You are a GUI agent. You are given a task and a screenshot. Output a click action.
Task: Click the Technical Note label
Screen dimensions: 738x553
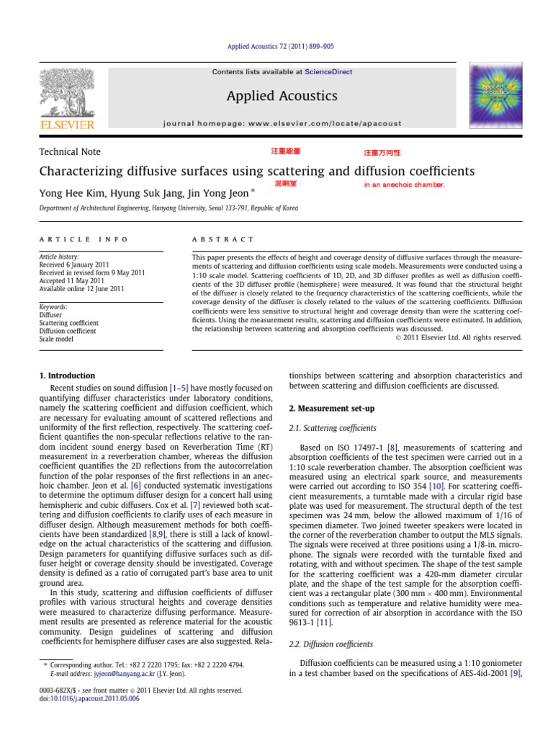[x=69, y=151]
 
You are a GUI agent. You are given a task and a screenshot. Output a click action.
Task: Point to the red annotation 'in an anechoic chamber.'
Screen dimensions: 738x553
[x=404, y=184]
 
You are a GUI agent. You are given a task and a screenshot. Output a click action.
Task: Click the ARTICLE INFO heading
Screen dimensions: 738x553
[x=84, y=239]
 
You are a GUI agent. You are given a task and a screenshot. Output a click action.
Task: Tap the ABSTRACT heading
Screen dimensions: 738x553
[x=223, y=239]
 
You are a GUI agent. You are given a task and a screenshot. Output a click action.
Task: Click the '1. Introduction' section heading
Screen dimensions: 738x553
[x=66, y=375]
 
